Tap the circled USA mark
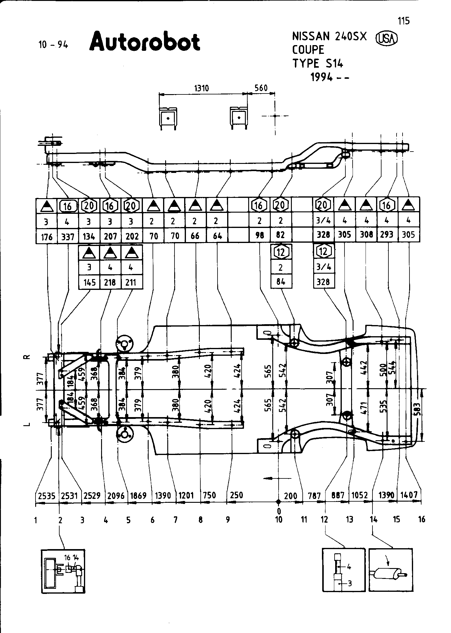point(387,38)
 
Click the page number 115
point(403,21)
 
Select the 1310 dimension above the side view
point(202,88)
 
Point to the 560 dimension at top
point(261,88)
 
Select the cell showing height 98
point(259,235)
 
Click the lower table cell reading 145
point(89,282)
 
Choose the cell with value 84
point(281,282)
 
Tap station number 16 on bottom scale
point(422,519)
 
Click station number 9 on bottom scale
point(228,519)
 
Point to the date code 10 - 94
point(53,45)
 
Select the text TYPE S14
point(318,64)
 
